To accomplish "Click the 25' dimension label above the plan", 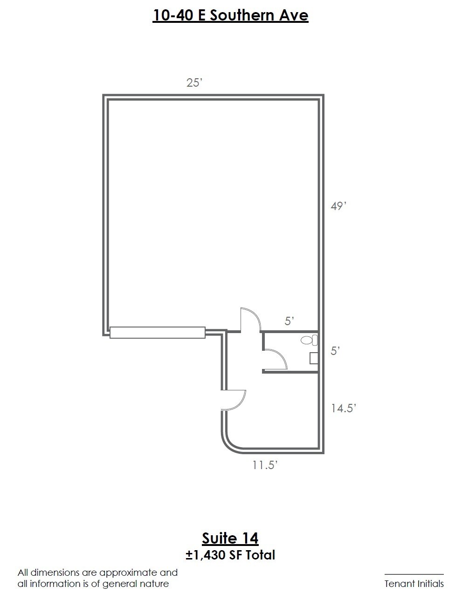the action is pos(194,82).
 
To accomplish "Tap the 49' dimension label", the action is pos(338,206).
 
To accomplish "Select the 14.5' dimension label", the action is pos(344,408).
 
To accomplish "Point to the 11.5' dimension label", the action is pos(265,465).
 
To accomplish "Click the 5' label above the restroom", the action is pos(290,321).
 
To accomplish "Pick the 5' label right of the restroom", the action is pos(335,351).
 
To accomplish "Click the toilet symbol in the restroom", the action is pos(309,340).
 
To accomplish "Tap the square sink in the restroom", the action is pos(314,358).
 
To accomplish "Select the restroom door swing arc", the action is pos(282,356).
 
